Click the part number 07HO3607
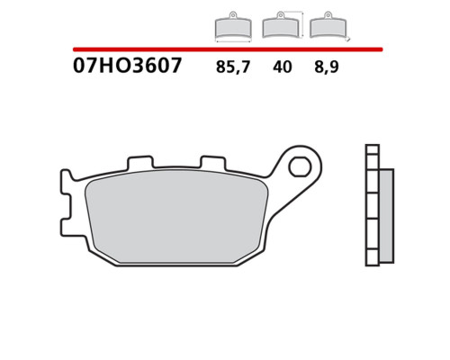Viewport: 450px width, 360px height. click(x=127, y=66)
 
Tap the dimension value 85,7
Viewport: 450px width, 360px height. click(x=233, y=67)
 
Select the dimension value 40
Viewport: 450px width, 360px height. click(x=283, y=67)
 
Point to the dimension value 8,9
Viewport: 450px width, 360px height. click(x=327, y=67)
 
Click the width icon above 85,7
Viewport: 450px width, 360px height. click(x=233, y=26)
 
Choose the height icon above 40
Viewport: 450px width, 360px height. click(x=281, y=25)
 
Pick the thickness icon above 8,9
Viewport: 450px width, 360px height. click(x=328, y=25)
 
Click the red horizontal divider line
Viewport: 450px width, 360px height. click(x=228, y=49)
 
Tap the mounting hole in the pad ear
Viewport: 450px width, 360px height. click(x=300, y=166)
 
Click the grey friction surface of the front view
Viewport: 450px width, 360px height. click(x=176, y=217)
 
